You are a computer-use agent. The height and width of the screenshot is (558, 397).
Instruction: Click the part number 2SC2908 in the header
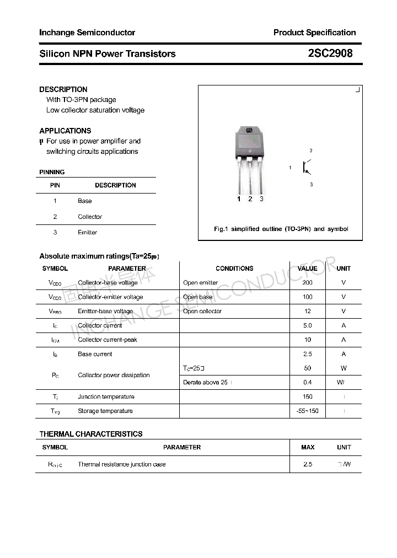point(330,53)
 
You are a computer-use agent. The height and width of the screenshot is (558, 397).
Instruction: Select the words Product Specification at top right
point(314,33)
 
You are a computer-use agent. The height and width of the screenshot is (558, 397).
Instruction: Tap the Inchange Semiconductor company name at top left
point(87,33)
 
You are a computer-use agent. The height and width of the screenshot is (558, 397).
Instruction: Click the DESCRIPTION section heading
point(63,89)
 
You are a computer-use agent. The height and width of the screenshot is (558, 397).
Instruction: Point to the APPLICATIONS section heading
point(65,131)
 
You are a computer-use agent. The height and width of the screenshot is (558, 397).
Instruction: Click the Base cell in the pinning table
point(84,201)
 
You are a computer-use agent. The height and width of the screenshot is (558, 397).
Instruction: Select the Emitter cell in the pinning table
point(87,233)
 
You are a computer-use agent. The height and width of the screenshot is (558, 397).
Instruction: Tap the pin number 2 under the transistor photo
point(250,199)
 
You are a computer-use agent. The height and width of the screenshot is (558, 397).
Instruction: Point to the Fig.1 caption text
point(281,229)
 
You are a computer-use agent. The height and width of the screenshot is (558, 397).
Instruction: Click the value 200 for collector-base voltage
point(307,283)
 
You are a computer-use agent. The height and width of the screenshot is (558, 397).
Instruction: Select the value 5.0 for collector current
point(307,326)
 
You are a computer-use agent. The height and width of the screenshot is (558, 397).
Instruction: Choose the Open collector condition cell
point(202,312)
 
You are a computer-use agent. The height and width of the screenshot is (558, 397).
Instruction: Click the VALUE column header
point(307,269)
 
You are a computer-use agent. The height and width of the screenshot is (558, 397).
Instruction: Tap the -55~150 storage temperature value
point(307,411)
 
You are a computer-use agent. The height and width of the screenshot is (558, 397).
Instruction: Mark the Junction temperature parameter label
point(106,397)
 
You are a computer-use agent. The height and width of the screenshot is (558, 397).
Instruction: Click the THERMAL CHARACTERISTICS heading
point(91,434)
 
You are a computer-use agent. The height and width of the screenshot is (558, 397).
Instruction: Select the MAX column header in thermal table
point(308,447)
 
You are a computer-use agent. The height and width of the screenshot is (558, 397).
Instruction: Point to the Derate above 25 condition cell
point(206,383)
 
